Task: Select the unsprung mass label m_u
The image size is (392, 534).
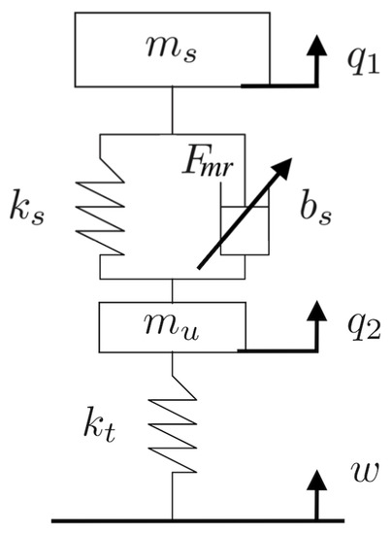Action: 172,325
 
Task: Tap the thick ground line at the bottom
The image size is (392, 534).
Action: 194,520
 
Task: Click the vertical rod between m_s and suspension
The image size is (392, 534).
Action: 173,108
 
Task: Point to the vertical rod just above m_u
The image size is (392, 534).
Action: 173,289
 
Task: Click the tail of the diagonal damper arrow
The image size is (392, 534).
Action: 198,267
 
